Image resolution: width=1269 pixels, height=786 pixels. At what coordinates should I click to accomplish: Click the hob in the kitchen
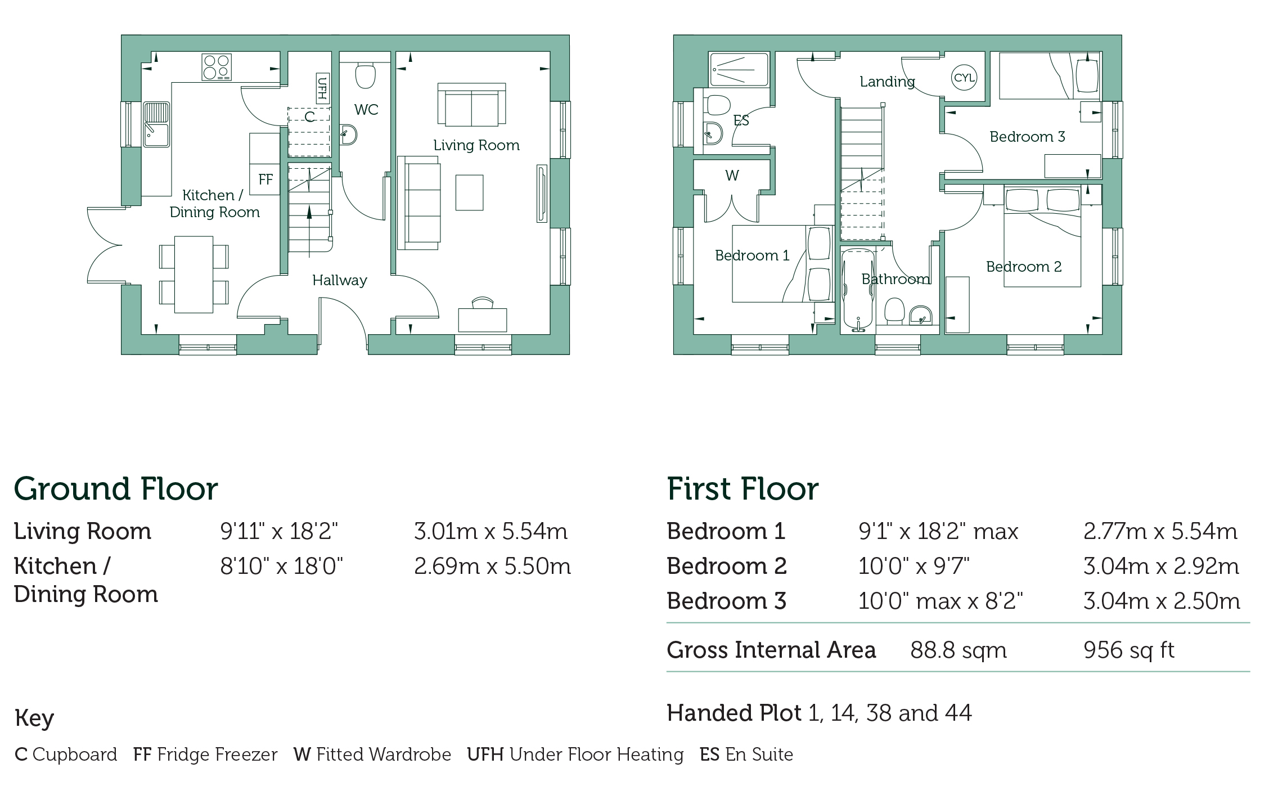(217, 67)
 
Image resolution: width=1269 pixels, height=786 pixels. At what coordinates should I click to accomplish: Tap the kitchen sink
(156, 124)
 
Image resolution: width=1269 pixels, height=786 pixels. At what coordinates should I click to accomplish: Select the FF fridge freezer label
(265, 179)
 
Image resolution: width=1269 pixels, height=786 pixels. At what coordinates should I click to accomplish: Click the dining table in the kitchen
(193, 274)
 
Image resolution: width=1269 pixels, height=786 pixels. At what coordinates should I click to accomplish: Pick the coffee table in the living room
(469, 192)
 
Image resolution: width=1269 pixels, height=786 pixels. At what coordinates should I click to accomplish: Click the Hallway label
(340, 280)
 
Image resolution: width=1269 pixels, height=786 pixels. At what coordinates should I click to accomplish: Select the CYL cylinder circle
(964, 78)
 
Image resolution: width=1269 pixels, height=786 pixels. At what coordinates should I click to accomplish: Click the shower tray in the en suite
(739, 70)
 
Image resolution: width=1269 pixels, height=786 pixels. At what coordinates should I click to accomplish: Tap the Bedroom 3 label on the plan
(1027, 137)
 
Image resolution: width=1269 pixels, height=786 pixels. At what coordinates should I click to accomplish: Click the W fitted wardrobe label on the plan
(732, 176)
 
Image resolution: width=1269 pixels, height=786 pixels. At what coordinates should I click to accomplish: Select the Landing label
(887, 82)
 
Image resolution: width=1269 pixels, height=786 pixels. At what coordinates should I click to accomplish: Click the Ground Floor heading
(116, 489)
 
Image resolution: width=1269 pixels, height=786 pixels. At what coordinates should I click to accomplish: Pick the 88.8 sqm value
(958, 650)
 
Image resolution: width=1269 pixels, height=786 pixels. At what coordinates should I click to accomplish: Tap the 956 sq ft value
(1129, 650)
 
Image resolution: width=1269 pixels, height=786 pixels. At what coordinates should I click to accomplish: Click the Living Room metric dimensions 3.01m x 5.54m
(490, 531)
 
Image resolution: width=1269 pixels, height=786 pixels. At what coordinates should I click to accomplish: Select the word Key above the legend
(34, 718)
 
